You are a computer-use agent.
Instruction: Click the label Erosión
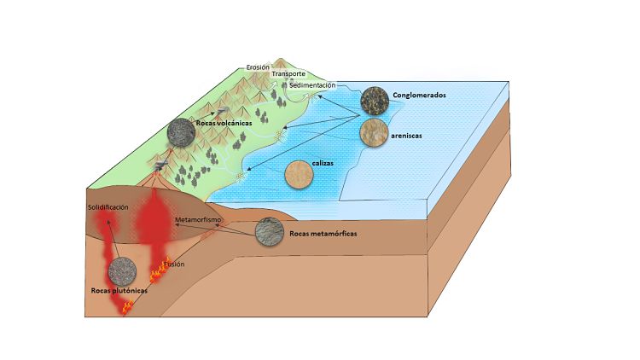258,67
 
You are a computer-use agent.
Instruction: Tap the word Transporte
288,74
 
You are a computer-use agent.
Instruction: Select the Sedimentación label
312,85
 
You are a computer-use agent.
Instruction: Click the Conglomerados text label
419,95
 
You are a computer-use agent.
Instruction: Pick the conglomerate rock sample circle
375,101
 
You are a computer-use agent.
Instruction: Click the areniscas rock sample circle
374,131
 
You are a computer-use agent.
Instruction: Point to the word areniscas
406,136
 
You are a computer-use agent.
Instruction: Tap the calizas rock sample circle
300,175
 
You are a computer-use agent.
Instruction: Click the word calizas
323,163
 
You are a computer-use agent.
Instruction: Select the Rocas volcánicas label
224,123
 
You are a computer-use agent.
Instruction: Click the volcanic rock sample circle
181,132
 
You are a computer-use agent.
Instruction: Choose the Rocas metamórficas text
323,234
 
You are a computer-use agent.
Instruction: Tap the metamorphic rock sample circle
270,231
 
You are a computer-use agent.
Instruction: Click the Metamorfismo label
198,220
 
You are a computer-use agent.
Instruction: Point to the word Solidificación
108,207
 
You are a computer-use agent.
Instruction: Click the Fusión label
174,264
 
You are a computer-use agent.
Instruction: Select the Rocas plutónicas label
119,291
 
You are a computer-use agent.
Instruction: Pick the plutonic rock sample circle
122,271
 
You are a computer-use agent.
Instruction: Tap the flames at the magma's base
128,306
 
